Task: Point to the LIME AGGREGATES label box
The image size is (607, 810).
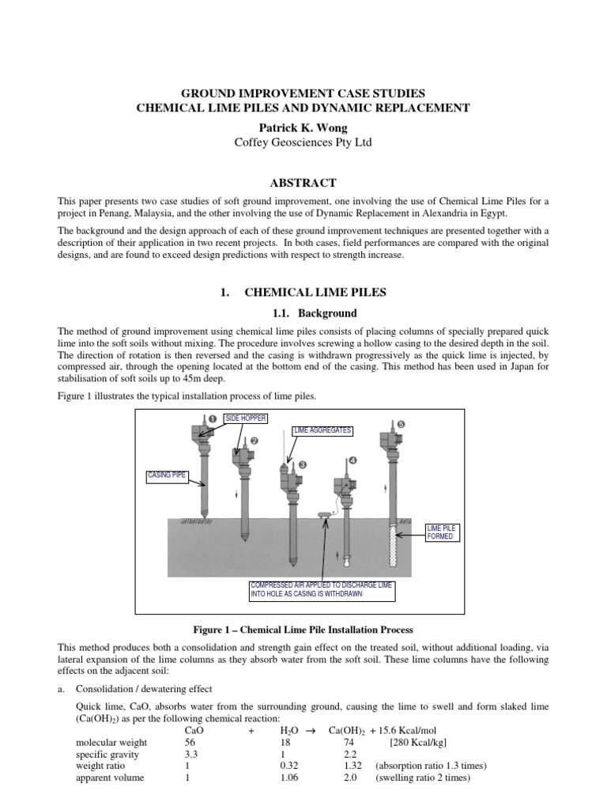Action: point(322,431)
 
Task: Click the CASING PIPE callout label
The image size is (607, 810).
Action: point(164,475)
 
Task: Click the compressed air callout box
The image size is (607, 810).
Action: point(322,589)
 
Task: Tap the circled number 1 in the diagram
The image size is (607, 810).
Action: point(210,418)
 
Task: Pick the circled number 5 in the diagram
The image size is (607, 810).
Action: point(401,425)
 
